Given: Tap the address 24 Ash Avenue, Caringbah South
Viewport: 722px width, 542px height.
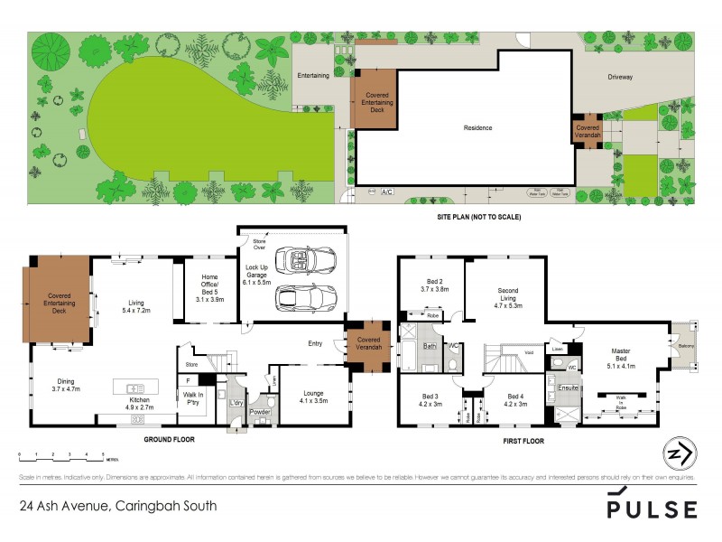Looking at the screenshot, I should (118, 506).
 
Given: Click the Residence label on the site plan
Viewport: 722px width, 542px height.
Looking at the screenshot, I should (477, 127).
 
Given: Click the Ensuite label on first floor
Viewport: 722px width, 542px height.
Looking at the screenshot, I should (569, 388).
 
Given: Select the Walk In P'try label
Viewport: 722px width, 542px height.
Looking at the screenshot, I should (194, 397).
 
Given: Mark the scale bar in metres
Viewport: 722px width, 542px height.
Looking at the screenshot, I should (60, 455).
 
